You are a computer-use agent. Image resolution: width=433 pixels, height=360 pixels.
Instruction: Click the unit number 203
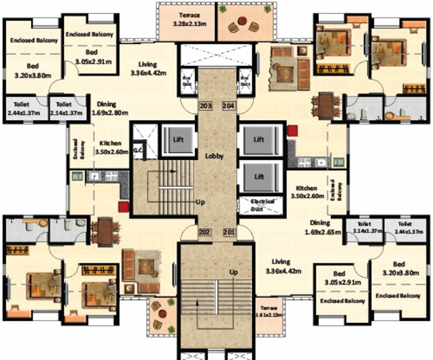point(205,106)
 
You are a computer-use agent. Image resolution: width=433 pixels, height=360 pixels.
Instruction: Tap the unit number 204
point(228,106)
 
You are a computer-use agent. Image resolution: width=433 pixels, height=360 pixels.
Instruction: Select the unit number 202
point(204,232)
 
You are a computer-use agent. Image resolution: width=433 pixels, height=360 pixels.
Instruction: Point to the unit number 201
point(229,232)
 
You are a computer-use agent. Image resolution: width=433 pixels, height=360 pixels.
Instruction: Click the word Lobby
point(214,156)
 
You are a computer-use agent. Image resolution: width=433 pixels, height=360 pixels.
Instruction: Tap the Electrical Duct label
point(262,204)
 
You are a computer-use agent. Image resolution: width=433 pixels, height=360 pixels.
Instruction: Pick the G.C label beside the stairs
point(137,150)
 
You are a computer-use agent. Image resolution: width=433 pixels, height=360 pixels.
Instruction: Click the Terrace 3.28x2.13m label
point(189,19)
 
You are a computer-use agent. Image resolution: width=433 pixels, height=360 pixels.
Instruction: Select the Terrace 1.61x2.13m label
point(269,312)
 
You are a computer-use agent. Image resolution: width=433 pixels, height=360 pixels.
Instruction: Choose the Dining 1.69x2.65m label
point(323,227)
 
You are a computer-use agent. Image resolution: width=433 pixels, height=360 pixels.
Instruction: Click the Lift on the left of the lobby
point(178,139)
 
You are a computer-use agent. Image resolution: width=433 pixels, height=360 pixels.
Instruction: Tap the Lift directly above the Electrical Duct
point(259,177)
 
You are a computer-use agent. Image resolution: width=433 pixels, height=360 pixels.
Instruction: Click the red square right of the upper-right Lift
point(293,131)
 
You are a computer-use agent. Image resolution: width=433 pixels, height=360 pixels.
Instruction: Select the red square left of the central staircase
point(124,207)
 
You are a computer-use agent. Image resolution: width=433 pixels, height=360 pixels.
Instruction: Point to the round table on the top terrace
point(242,21)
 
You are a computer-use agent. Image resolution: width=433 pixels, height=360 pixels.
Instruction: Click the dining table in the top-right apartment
point(327,105)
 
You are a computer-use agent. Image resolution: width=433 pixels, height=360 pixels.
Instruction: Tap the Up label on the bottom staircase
point(234,272)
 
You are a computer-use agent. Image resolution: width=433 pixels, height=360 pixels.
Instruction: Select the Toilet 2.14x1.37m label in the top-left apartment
point(68,109)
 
